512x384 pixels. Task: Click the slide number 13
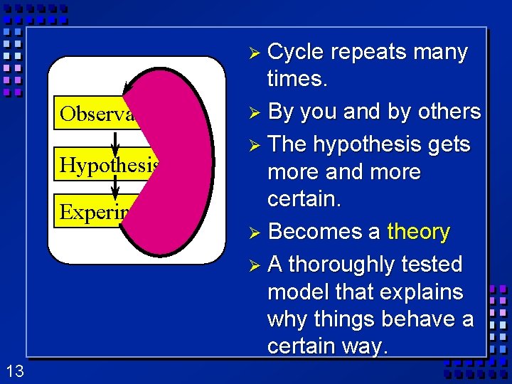click(14, 370)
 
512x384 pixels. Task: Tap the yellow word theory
click(418, 232)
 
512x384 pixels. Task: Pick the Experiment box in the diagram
click(92, 212)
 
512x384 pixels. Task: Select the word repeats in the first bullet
click(368, 52)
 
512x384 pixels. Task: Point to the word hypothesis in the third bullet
click(372, 144)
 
